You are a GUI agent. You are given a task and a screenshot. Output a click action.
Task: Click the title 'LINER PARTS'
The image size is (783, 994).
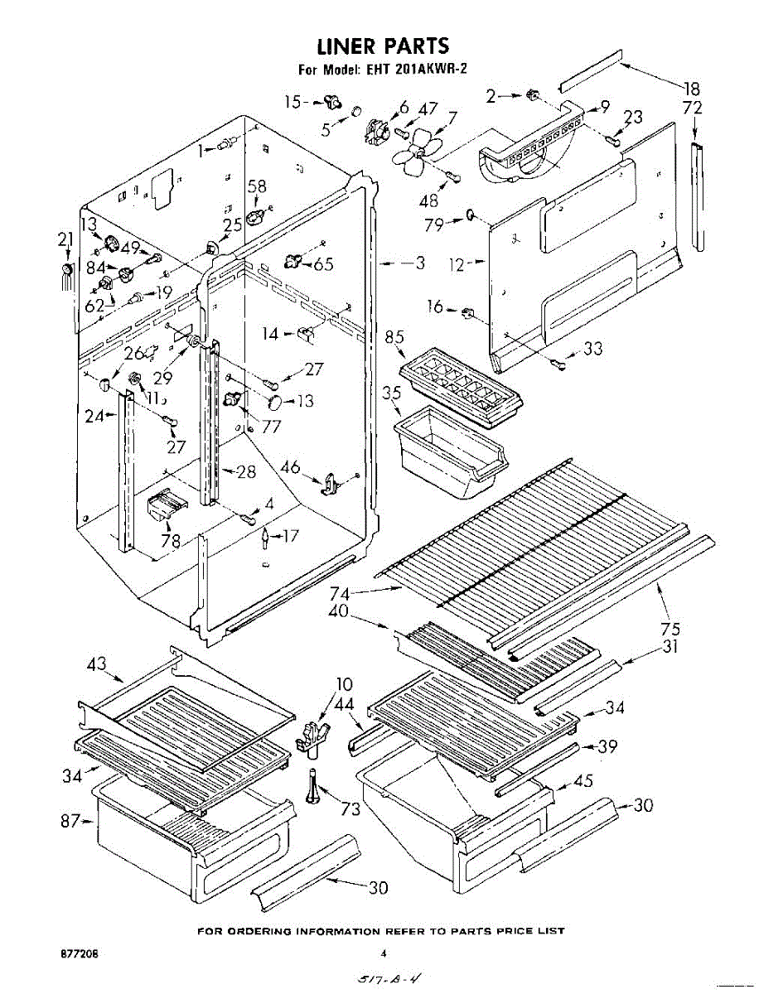pos(383,45)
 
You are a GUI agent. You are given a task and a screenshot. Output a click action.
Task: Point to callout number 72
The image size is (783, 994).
pos(692,109)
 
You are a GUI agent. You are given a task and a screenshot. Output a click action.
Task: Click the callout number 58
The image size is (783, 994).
pos(258,187)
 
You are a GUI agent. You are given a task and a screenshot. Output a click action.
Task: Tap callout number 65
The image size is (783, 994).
pos(323,264)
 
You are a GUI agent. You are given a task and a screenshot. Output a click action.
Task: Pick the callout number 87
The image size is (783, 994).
pos(69,821)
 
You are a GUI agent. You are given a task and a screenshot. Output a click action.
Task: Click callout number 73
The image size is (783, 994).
pos(351,808)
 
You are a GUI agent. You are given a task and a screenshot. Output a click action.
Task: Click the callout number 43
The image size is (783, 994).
pos(97,663)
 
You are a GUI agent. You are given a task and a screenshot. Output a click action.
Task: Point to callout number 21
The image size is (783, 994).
pos(65,240)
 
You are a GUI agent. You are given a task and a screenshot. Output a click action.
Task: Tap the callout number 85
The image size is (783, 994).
pos(394,338)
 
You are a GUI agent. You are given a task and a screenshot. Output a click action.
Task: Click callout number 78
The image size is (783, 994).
pos(172,543)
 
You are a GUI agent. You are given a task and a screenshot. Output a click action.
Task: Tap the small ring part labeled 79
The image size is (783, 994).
pos(470,217)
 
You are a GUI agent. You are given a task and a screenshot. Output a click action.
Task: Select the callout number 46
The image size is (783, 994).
pos(290,468)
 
